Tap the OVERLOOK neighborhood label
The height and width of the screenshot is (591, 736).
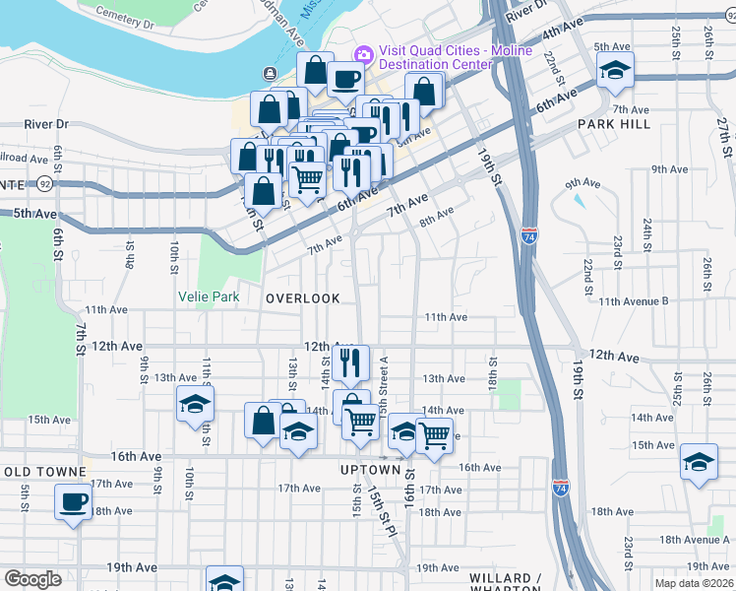tap(302, 297)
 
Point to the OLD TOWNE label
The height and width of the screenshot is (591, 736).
tap(34, 472)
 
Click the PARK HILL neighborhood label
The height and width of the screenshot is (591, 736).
tap(614, 124)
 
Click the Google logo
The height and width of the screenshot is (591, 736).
tap(31, 579)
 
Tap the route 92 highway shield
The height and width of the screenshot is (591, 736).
tap(44, 183)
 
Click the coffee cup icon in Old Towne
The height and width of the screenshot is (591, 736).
tap(72, 501)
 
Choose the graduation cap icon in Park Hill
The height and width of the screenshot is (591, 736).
tap(615, 69)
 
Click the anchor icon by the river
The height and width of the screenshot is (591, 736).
tap(269, 74)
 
